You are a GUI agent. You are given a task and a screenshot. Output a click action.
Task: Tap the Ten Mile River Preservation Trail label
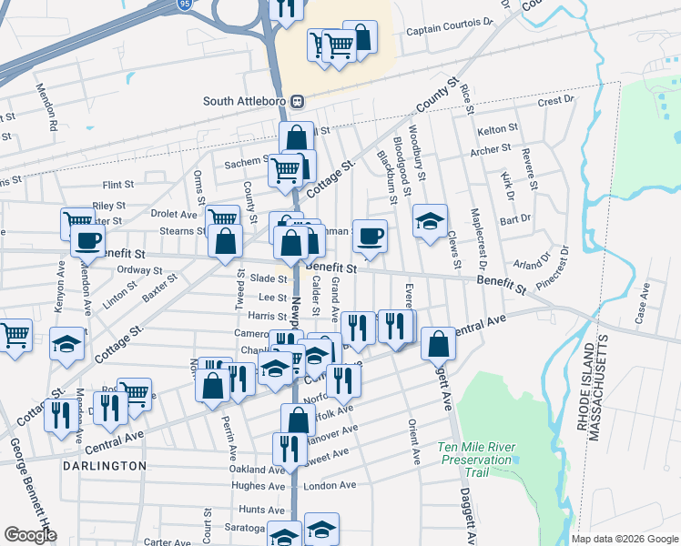pyautogui.click(x=477, y=453)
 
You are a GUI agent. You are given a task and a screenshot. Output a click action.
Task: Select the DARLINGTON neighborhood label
pyautogui.click(x=105, y=466)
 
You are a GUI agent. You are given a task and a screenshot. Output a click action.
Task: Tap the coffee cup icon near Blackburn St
pyautogui.click(x=370, y=237)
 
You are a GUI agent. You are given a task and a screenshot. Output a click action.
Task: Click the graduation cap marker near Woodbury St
pyautogui.click(x=430, y=221)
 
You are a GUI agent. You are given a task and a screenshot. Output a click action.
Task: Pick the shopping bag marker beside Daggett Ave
pyautogui.click(x=438, y=343)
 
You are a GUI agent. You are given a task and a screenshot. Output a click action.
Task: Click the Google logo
pyautogui.click(x=29, y=535)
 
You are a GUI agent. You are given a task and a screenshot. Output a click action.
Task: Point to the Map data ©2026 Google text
pyautogui.click(x=624, y=539)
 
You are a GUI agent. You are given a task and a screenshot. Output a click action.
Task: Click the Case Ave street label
pyautogui.click(x=642, y=306)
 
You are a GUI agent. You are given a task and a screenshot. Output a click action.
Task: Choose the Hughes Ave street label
pyautogui.click(x=259, y=486)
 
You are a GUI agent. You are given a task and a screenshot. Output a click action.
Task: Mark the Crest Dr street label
pyautogui.click(x=555, y=101)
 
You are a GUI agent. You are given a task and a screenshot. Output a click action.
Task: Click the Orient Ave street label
pyautogui.click(x=413, y=441)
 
